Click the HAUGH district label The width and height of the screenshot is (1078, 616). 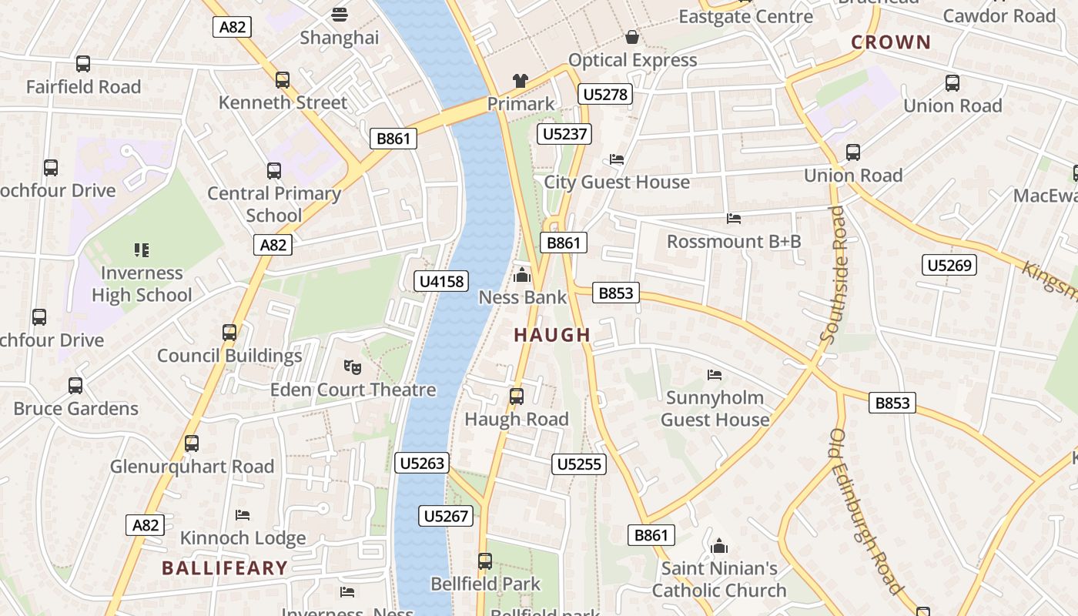551,335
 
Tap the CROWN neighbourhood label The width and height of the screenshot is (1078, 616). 890,42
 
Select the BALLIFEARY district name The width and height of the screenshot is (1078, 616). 224,568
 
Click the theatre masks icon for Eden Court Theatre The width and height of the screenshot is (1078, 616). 352,367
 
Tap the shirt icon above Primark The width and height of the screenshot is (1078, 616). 521,81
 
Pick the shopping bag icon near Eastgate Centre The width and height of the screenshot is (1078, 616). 632,37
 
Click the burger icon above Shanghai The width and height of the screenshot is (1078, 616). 339,15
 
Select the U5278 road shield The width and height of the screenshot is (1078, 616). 605,95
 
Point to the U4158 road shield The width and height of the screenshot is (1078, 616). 441,281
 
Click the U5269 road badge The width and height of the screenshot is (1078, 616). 949,266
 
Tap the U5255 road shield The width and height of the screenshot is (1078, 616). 579,464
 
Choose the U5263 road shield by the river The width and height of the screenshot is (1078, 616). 421,463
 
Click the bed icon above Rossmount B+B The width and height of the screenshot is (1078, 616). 734,219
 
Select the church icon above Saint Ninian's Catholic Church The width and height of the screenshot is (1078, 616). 719,546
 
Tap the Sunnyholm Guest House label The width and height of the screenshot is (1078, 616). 715,409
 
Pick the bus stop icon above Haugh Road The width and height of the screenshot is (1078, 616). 516,397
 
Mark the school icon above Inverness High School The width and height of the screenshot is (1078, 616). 141,249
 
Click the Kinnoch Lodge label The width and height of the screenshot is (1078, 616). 243,537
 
